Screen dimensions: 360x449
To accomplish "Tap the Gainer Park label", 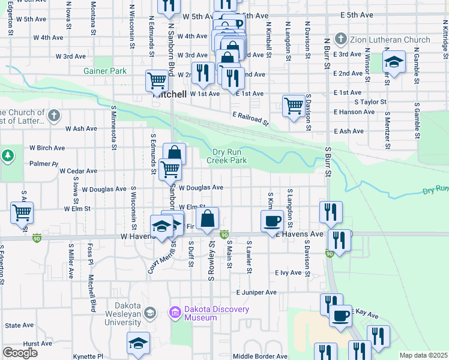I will [105, 71].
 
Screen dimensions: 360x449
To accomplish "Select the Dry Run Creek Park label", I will [227, 156].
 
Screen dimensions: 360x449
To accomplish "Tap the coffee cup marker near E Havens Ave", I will [271, 221].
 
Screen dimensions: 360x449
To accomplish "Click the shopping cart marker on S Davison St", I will [294, 106].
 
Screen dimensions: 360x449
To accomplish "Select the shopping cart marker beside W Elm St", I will [22, 212].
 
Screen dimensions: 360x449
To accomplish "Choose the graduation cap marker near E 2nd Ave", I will [394, 62].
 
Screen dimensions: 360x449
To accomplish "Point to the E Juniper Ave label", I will [256, 292].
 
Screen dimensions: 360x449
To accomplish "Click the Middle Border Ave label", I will [261, 356].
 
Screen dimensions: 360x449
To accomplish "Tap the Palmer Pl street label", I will [43, 163].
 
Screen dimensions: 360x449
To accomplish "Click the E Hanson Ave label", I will [356, 112].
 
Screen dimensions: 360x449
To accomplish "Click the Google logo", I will [20, 353].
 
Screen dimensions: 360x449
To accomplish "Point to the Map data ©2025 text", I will [423, 355].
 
